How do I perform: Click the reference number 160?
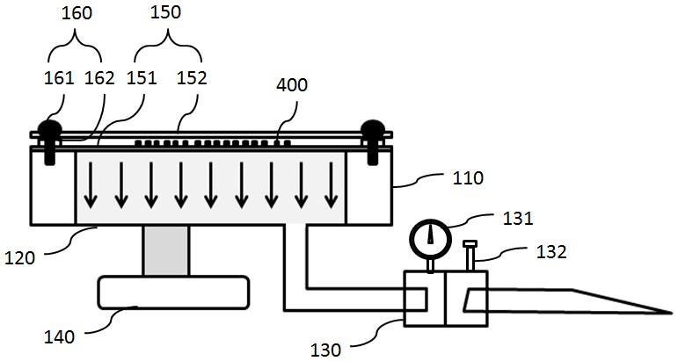tap(77, 13)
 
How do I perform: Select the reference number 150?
tap(165, 12)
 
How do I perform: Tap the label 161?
tap(59, 78)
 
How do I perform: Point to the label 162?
tap(99, 78)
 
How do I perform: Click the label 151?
tap(142, 78)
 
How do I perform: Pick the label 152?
tap(192, 78)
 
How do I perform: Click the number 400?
tap(292, 85)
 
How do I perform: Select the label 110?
tap(468, 178)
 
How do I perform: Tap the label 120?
tap(19, 258)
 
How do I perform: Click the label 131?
tap(518, 219)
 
